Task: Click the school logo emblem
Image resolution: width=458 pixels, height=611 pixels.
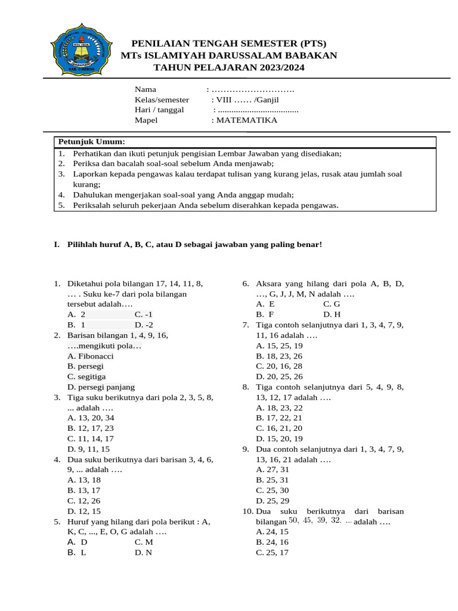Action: coord(79,55)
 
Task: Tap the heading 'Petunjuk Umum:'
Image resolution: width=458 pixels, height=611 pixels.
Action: coord(91,141)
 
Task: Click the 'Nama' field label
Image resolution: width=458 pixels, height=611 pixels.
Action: coord(146,90)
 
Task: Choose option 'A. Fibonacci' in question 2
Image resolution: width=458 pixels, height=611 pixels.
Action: coord(91,356)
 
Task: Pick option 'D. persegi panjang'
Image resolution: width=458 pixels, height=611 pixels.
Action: coord(101,387)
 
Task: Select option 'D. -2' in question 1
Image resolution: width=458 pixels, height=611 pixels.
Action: coord(144,325)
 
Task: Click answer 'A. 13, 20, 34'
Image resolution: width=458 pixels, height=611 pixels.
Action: coord(91,418)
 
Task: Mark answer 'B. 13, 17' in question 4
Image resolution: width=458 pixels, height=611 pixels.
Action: coord(84,490)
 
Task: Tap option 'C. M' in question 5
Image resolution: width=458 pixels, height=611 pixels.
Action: coord(144,542)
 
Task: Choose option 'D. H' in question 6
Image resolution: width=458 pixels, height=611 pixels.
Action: coord(332,314)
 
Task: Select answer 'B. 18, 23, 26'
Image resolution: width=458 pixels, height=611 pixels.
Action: coord(279,356)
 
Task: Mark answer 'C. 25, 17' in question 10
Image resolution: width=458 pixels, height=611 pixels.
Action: coord(272,553)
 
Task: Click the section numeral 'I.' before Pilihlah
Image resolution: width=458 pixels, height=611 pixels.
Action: coord(57,245)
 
